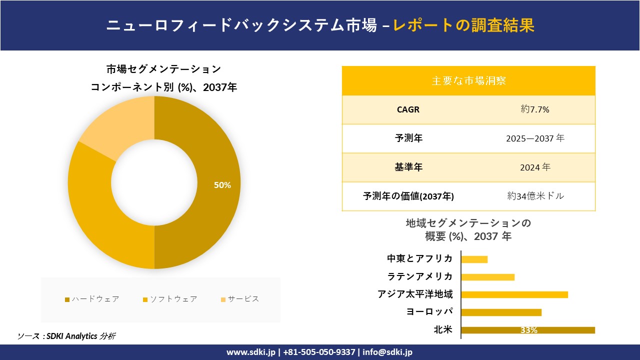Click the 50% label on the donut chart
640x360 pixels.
(222, 185)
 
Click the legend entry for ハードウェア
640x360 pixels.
(92, 299)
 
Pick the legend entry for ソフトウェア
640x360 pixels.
(170, 299)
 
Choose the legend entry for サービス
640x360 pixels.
(240, 299)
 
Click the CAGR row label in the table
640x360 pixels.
(408, 109)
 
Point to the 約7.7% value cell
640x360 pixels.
(535, 109)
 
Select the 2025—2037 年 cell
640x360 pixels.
(535, 138)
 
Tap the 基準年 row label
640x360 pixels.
(408, 167)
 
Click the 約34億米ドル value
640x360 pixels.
(535, 196)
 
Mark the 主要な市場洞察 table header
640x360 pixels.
(468, 80)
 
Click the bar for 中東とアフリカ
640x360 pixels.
(474, 259)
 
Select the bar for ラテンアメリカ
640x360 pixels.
(487, 277)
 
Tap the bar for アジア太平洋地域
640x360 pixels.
(514, 294)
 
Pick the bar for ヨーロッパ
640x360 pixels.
(501, 312)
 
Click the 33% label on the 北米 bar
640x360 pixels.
(528, 330)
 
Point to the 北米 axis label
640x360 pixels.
(443, 329)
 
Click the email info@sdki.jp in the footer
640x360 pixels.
(387, 352)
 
